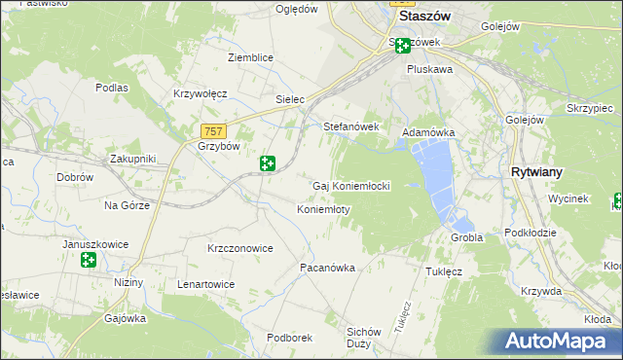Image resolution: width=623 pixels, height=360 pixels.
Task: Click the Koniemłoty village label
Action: point(322,209)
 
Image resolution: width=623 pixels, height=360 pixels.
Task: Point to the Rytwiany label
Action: point(537,171)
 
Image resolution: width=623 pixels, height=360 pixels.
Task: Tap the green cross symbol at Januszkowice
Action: point(89,260)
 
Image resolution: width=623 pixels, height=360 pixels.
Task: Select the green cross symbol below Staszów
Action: point(403,45)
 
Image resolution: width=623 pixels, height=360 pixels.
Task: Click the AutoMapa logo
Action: point(561,342)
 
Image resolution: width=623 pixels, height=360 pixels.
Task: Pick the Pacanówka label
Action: point(328,267)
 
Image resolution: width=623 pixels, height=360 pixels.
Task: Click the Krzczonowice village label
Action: point(239,248)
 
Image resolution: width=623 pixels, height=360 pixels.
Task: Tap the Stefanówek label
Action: point(350,126)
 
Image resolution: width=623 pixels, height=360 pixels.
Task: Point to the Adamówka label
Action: point(428,132)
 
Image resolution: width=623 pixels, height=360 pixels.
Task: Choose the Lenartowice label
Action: point(205,284)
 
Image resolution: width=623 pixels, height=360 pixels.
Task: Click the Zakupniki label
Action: point(133,158)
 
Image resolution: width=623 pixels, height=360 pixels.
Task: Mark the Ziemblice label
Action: point(250,57)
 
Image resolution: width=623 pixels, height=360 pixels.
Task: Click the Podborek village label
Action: point(289,337)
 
